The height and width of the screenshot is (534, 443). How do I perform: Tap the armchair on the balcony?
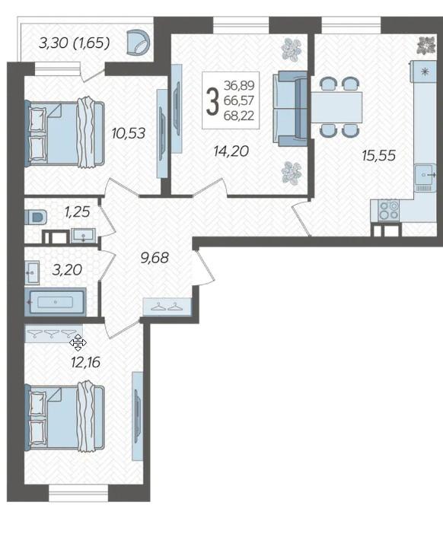(x=138, y=42)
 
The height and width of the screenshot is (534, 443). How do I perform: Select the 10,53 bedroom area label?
(x=129, y=133)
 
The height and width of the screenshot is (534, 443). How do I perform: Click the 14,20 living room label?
(x=231, y=151)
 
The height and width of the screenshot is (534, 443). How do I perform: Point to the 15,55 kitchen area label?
(x=378, y=155)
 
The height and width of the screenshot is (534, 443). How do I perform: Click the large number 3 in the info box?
(x=212, y=101)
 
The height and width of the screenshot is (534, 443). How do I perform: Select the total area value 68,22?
(x=239, y=116)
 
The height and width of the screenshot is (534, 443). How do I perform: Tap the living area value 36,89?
(x=239, y=85)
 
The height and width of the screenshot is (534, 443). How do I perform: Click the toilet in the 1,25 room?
(x=36, y=217)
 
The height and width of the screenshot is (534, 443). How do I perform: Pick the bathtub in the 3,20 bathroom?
(x=56, y=302)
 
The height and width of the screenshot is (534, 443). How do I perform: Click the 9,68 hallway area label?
(x=155, y=257)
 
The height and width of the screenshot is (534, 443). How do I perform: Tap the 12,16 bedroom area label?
(x=85, y=362)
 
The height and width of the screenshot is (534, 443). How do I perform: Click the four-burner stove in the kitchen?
(x=389, y=210)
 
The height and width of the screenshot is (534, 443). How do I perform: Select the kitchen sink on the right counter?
(x=425, y=178)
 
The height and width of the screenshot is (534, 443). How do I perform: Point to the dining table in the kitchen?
(x=336, y=107)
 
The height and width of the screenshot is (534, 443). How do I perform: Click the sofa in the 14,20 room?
(x=290, y=109)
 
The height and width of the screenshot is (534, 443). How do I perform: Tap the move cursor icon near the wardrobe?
(x=78, y=342)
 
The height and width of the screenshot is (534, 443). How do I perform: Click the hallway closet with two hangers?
(x=167, y=306)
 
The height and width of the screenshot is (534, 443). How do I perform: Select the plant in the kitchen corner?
(x=427, y=45)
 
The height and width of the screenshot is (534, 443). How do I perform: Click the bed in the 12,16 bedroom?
(x=65, y=418)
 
